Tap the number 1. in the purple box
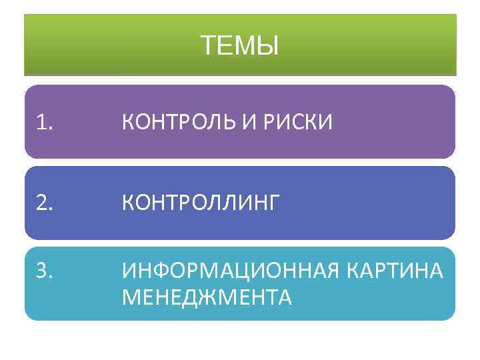coord(45,122)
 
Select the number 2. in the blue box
coord(45,203)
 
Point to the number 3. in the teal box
coord(45,271)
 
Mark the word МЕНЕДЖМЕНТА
coord(207,297)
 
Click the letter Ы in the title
coord(268,47)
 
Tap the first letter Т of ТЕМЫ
coord(208,47)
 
